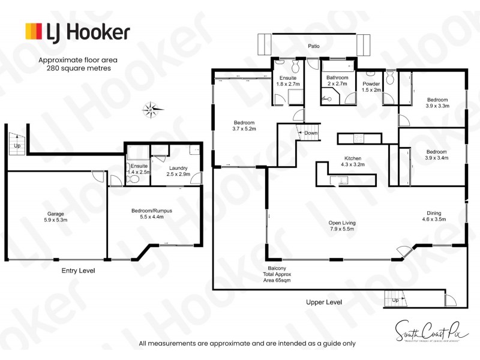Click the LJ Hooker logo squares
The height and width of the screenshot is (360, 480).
tap(33, 31)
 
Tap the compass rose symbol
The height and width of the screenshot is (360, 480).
tap(151, 109)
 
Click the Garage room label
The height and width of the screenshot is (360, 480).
tap(55, 217)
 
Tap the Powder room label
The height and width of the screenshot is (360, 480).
tap(370, 86)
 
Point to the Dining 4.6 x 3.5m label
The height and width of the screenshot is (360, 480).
tap(433, 216)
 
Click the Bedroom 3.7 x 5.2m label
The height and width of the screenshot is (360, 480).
tap(244, 125)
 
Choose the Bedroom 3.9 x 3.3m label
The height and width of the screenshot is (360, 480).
tap(437, 103)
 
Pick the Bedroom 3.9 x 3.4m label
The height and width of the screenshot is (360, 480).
tap(437, 154)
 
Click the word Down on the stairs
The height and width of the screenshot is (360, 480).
tap(311, 133)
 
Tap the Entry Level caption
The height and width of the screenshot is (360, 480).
tap(78, 271)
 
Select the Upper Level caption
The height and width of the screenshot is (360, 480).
tap(323, 302)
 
